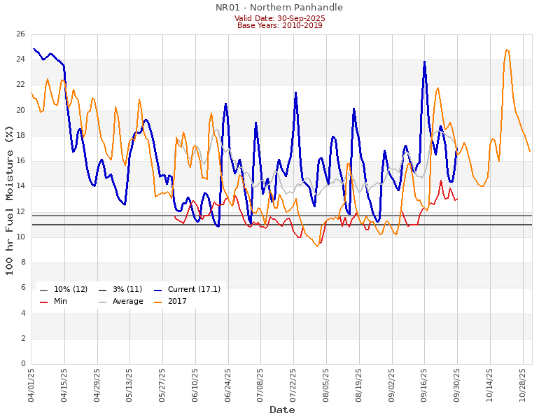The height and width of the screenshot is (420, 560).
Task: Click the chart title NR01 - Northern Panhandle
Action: [279, 8]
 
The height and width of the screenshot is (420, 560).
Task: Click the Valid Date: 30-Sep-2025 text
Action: [279, 18]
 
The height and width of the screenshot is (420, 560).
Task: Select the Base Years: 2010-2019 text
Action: [279, 26]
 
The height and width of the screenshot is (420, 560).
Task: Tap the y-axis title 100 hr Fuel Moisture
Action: [10, 199]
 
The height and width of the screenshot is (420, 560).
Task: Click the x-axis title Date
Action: [282, 409]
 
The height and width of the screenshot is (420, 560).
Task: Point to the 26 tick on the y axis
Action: [21, 34]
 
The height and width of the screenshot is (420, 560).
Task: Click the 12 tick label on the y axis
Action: [21, 211]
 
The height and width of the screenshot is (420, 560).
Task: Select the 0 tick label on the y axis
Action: [23, 364]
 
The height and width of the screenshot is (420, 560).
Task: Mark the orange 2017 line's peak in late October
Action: [507, 50]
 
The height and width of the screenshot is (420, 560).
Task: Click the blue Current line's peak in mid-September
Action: [424, 62]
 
